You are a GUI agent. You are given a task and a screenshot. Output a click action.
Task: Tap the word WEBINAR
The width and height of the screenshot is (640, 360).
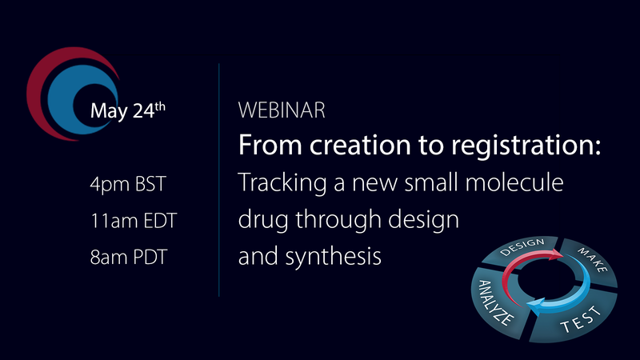click(x=282, y=111)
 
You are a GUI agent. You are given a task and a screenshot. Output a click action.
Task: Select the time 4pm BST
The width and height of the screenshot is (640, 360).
click(x=129, y=185)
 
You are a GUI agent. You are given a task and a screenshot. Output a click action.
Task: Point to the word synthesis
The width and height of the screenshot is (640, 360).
click(x=337, y=258)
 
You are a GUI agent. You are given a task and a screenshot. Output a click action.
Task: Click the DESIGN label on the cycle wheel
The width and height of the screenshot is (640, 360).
click(x=522, y=249)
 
